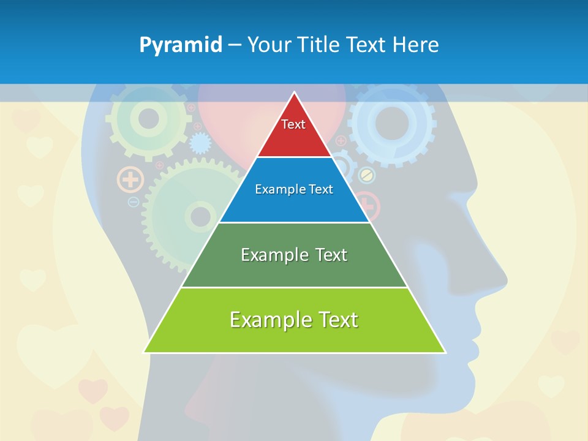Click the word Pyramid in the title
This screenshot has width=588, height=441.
click(181, 45)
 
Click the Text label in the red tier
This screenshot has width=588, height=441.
click(293, 124)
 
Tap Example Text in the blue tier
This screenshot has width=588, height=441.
click(294, 189)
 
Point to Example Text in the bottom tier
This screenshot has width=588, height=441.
click(294, 320)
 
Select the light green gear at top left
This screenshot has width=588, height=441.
click(148, 119)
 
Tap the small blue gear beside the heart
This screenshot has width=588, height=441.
click(200, 143)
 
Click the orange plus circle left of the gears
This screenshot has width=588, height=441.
click(130, 179)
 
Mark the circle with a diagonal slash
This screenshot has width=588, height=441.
click(366, 175)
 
